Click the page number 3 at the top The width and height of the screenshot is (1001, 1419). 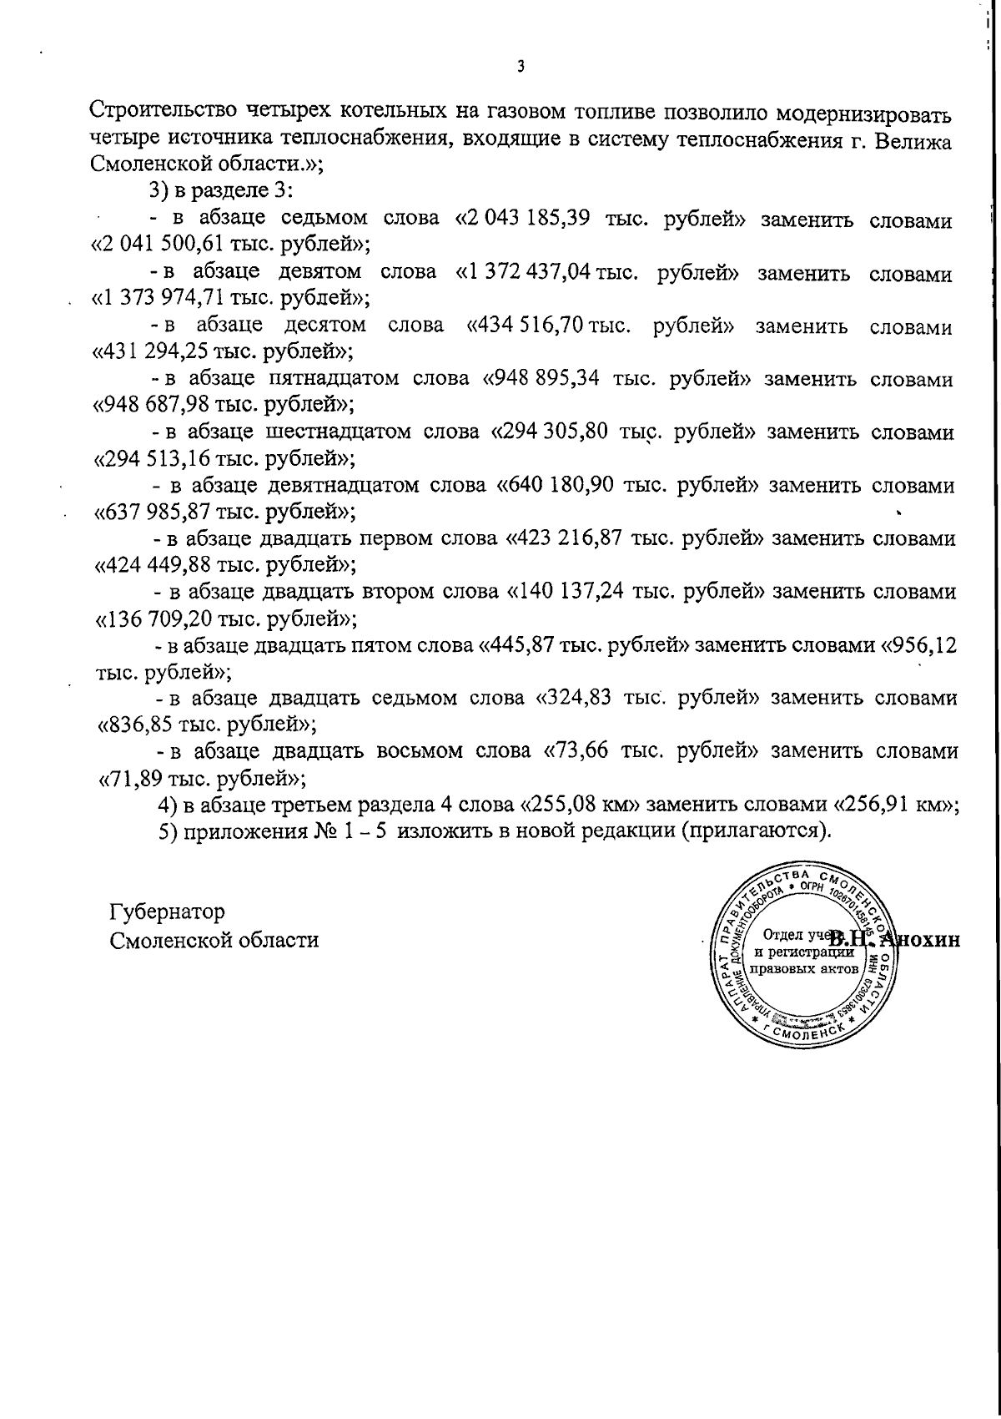click(x=520, y=67)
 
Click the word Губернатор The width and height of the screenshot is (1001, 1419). click(x=167, y=911)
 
